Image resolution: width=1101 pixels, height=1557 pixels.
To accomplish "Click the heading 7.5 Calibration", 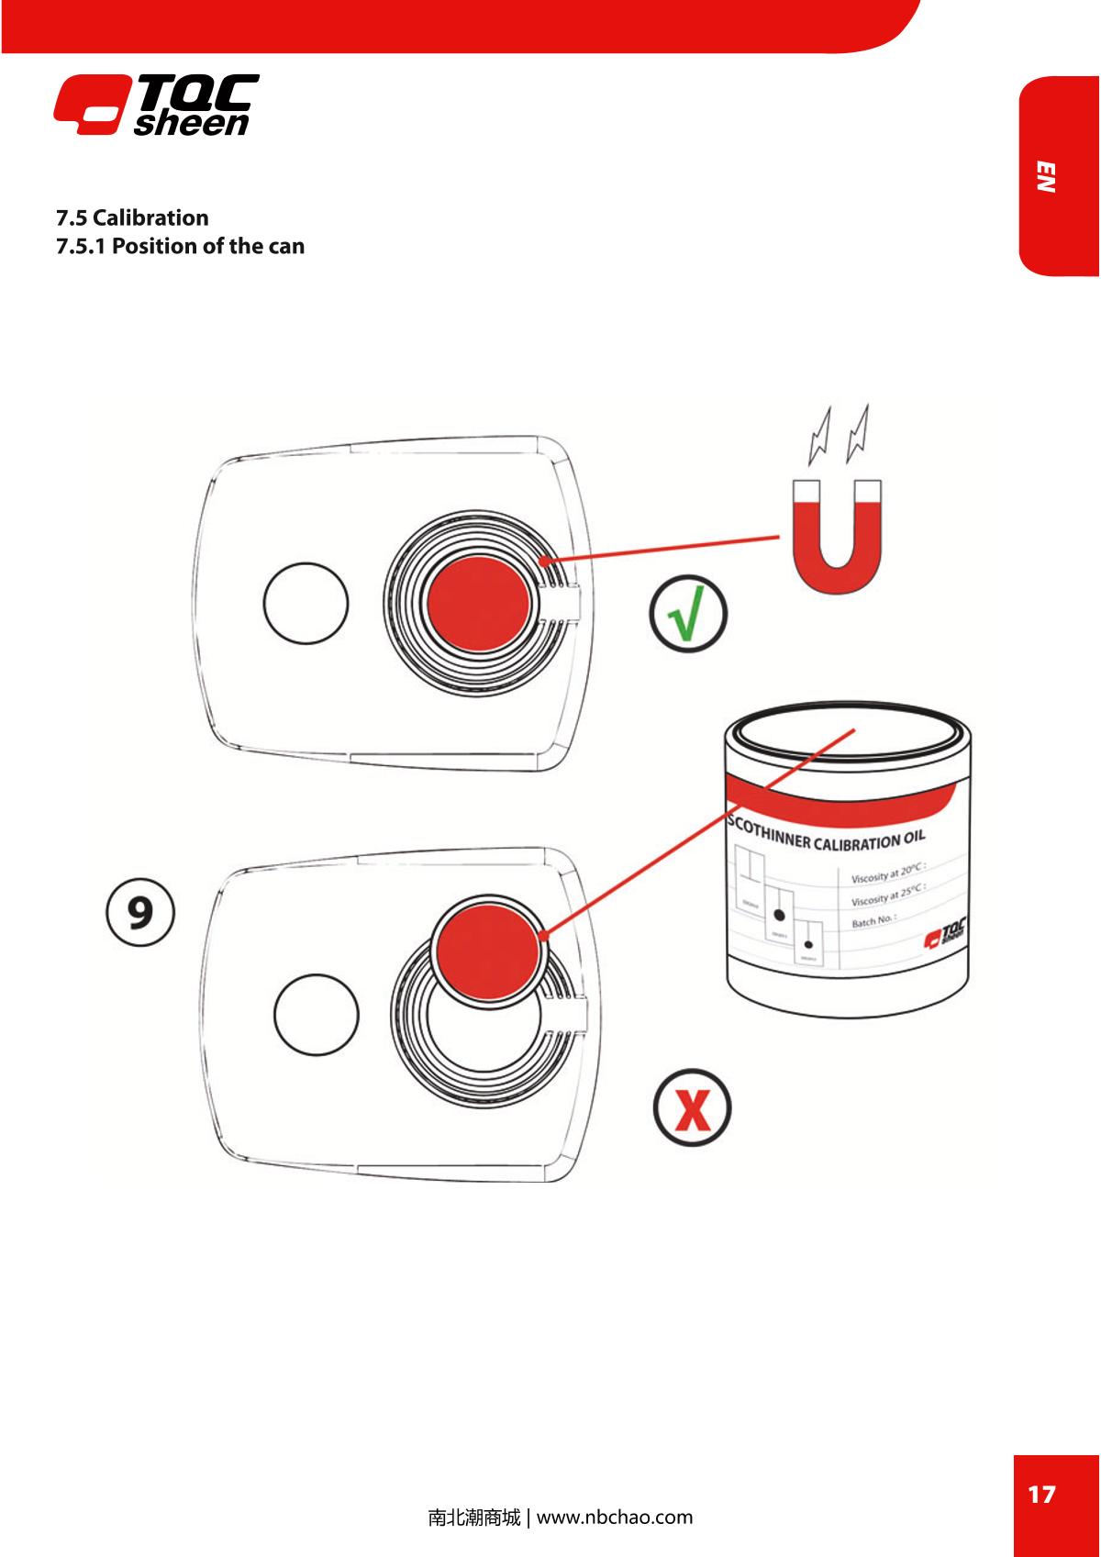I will click(x=132, y=217).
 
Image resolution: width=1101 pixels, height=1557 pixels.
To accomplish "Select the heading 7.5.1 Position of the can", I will click(x=180, y=246).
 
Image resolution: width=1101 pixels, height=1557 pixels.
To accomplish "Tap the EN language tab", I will click(x=1046, y=177).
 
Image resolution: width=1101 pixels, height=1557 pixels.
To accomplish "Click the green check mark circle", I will click(x=687, y=616).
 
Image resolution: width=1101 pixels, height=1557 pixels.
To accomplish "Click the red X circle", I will click(x=693, y=1109).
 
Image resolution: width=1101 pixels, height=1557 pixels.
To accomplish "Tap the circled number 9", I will click(x=138, y=912).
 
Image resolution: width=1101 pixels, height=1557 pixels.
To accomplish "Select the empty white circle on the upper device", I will click(x=306, y=604).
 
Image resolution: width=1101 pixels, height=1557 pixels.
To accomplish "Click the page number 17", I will click(x=1041, y=1495).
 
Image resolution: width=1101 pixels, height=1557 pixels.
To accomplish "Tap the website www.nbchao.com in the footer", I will click(x=614, y=1517).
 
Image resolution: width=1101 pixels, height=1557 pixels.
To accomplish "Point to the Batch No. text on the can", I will click(x=873, y=919).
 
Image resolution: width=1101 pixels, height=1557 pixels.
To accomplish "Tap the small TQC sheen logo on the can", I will click(x=944, y=936).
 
